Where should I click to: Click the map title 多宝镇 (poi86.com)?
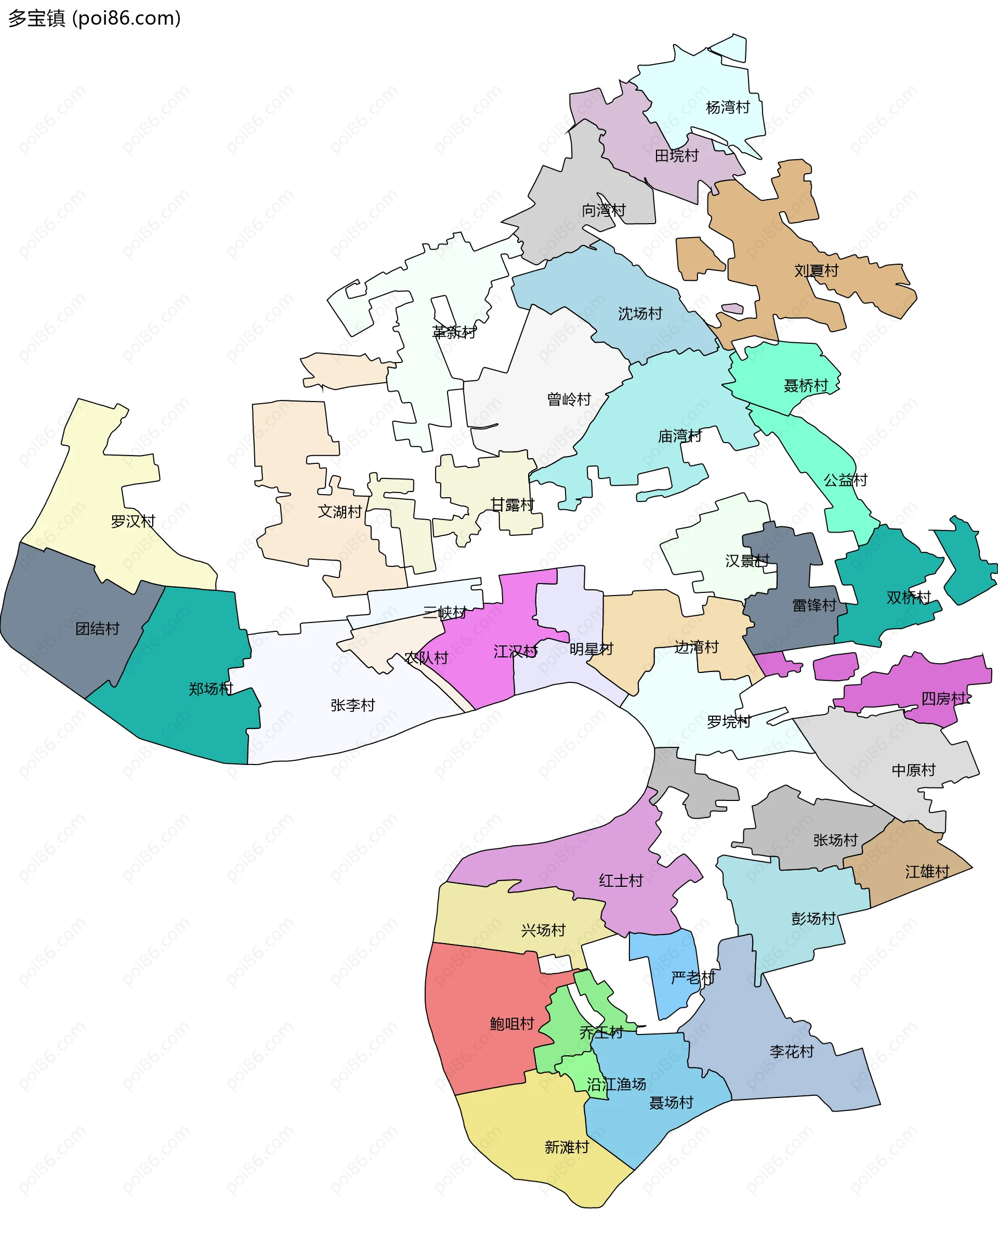coord(95,18)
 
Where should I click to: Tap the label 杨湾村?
coord(727,107)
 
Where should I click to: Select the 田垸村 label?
coord(676,156)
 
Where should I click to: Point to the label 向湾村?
coord(603,210)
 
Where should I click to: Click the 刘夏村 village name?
coord(816,271)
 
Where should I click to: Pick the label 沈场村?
coord(640,314)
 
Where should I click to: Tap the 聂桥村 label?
coord(806,385)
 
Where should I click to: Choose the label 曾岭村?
coord(569,399)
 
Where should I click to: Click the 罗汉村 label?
coord(133,521)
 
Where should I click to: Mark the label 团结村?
coord(97,628)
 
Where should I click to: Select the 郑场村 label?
coord(211,689)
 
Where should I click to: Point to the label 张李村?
coord(352,705)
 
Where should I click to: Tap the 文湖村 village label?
coord(340,512)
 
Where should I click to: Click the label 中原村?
coord(913,770)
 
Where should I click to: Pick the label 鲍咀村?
coord(512,1024)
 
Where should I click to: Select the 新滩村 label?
coord(567,1147)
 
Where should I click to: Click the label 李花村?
coord(791,1051)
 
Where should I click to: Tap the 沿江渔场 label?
coord(616,1084)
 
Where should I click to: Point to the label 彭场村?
coord(813,919)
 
